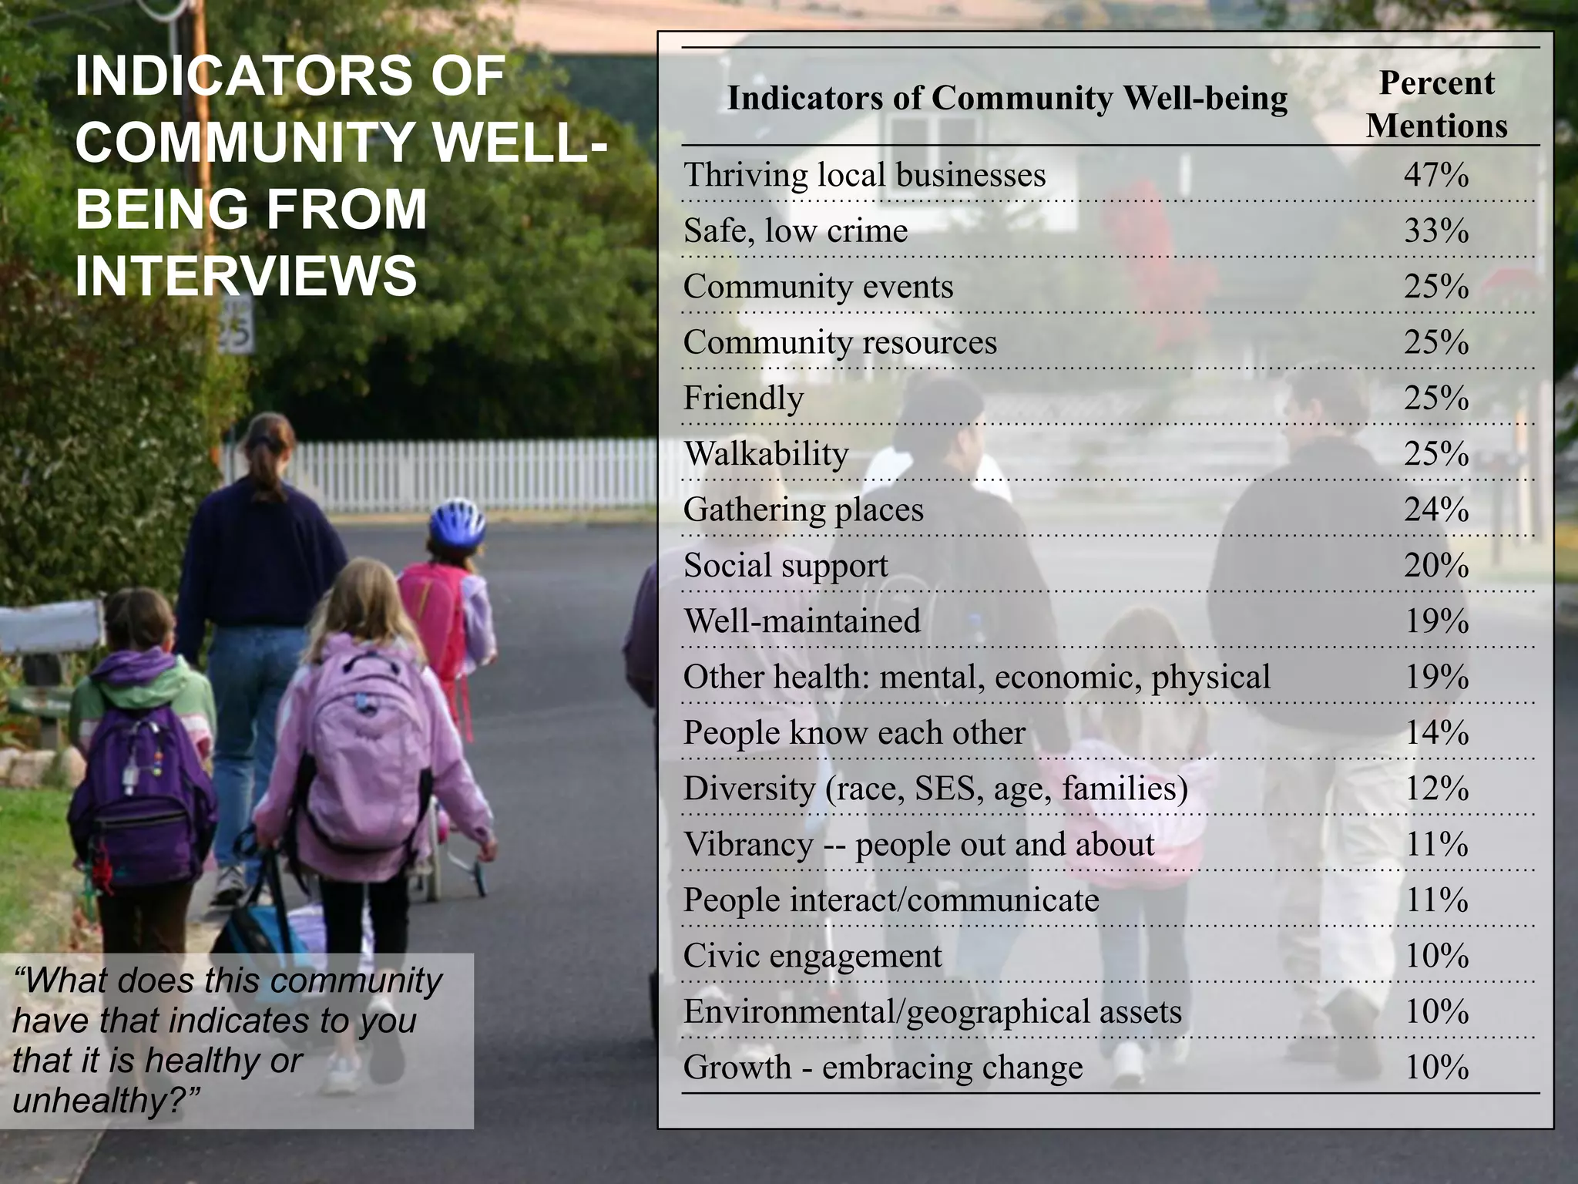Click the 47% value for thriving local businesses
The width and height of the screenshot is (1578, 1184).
click(x=1436, y=175)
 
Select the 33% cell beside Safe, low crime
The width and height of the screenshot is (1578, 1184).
click(x=1436, y=230)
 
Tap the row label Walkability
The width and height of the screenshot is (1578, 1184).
click(x=767, y=454)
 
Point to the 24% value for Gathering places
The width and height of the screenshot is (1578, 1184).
click(x=1436, y=510)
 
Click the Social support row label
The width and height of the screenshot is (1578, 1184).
click(x=785, y=566)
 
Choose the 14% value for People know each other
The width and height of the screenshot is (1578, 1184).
click(x=1436, y=733)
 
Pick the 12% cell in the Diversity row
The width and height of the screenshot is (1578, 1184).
click(x=1436, y=789)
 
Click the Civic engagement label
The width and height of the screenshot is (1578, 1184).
click(x=812, y=956)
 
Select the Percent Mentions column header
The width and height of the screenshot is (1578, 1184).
click(x=1436, y=104)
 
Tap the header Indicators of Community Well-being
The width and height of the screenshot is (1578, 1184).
click(x=1007, y=99)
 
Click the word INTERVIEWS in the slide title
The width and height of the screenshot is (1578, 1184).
click(x=246, y=276)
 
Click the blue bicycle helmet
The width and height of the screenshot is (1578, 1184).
click(x=457, y=521)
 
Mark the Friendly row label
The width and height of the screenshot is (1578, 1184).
click(x=744, y=399)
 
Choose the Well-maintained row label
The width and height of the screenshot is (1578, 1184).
click(x=802, y=621)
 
